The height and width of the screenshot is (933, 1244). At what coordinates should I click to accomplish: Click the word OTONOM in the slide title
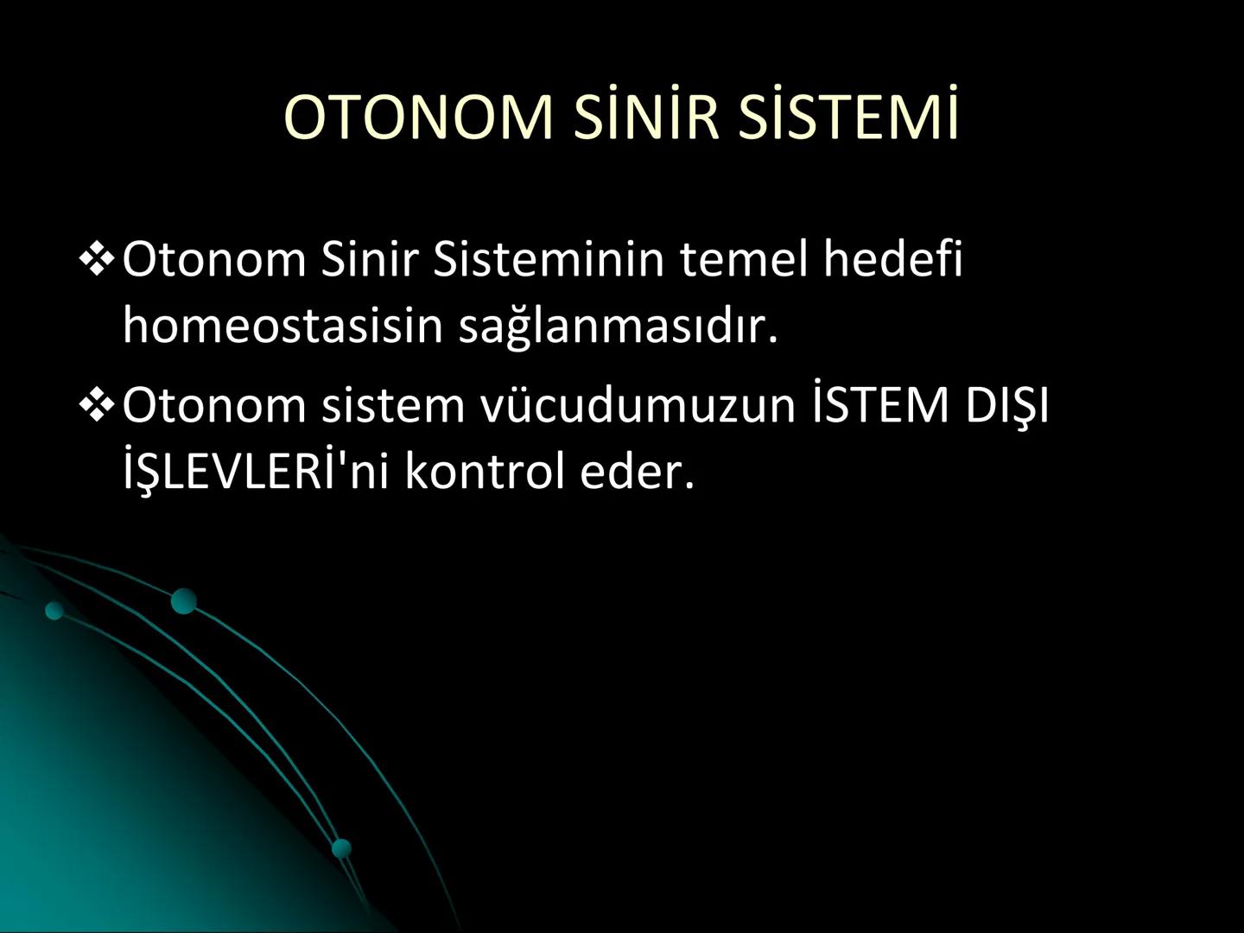click(x=418, y=117)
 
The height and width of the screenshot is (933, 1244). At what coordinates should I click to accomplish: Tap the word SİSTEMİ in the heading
click(x=848, y=117)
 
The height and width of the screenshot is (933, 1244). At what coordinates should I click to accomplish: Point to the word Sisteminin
click(x=549, y=258)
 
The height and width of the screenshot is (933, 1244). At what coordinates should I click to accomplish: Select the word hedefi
click(x=892, y=258)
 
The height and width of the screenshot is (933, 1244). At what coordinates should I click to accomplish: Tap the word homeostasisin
click(x=282, y=326)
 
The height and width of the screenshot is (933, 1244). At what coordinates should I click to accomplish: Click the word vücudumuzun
click(x=638, y=404)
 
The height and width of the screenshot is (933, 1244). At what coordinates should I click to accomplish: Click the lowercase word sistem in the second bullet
click(x=393, y=404)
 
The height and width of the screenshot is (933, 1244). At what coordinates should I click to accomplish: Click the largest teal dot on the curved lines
click(x=183, y=600)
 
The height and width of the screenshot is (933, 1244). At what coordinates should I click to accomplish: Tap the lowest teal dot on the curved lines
click(x=342, y=847)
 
